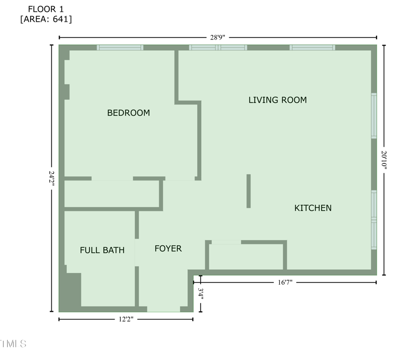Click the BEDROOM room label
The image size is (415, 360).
pyautogui.click(x=128, y=113)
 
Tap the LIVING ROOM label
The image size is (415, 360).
pyautogui.click(x=278, y=100)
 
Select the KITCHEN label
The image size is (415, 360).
pyautogui.click(x=313, y=208)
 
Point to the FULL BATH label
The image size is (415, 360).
pyautogui.click(x=102, y=250)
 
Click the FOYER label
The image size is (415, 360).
pyautogui.click(x=168, y=248)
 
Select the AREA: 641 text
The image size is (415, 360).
pyautogui.click(x=46, y=19)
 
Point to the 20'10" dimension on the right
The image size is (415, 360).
pyautogui.click(x=384, y=160)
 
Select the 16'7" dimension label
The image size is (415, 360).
pyautogui.click(x=285, y=282)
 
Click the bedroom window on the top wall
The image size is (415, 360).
pyautogui.click(x=120, y=48)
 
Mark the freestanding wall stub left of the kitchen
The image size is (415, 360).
pyautogui.click(x=248, y=191)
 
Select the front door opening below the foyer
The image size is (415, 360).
pyautogui.click(x=163, y=309)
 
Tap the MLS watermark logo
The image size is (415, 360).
pyautogui.click(x=13, y=344)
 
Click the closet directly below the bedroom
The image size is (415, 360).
pyautogui.click(x=111, y=193)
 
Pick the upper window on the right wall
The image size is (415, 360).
pyautogui.click(x=374, y=115)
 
